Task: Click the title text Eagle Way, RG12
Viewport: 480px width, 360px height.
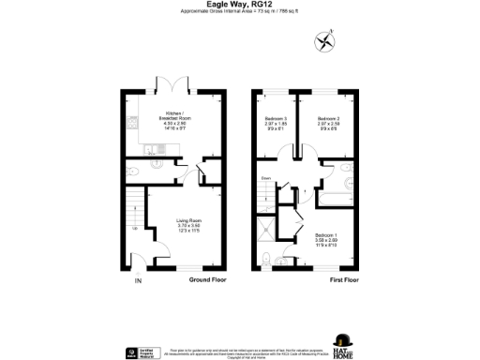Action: (x=239, y=5)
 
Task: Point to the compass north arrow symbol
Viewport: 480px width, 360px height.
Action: (x=325, y=40)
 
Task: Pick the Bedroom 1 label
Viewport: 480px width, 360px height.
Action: (x=326, y=234)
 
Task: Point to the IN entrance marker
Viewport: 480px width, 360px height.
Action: (x=138, y=279)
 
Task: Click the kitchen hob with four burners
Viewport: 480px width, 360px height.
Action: (x=135, y=123)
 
